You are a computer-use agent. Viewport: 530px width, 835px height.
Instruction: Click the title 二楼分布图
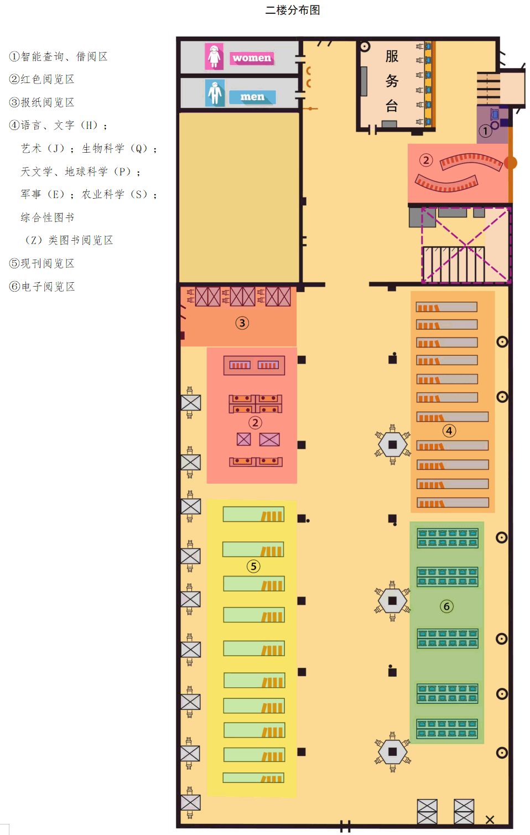[x=293, y=10]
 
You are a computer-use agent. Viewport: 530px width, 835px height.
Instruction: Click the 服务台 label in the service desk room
[x=392, y=81]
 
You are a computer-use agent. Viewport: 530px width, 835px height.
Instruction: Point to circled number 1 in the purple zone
[x=485, y=131]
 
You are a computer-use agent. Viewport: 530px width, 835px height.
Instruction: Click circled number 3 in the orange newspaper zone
[x=242, y=323]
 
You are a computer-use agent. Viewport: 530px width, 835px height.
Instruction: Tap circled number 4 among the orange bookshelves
[x=449, y=431]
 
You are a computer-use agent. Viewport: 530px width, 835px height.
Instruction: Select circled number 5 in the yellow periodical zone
[x=253, y=566]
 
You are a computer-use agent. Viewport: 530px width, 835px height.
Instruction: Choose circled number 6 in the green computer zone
[x=446, y=606]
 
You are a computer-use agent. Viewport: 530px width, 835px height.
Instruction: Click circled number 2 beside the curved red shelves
[x=425, y=160]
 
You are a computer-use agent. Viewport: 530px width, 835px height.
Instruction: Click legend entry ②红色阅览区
[x=42, y=79]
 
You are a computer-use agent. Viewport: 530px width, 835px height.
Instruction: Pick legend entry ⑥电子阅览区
[x=42, y=287]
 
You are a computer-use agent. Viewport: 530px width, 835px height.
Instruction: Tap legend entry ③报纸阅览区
[x=42, y=102]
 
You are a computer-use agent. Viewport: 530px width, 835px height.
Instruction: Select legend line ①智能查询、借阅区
[x=59, y=56]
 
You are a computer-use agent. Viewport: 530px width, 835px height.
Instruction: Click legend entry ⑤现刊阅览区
[x=42, y=263]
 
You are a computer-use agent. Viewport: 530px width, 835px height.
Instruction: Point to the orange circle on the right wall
[x=511, y=163]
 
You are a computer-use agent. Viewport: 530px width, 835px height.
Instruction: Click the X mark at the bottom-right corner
[x=490, y=820]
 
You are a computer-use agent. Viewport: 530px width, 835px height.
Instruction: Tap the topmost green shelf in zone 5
[x=253, y=515]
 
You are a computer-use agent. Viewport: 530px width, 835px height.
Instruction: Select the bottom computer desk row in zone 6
[x=447, y=728]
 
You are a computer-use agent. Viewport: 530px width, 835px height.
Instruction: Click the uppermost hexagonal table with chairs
[x=392, y=444]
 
